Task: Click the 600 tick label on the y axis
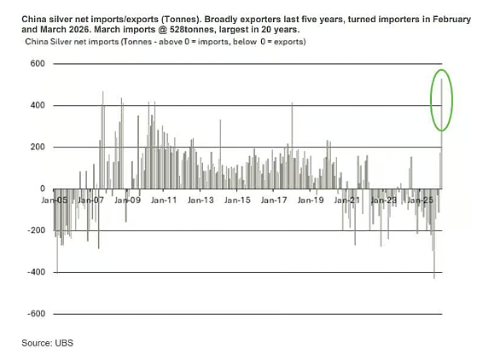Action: (x=38, y=63)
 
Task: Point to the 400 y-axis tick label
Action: (x=38, y=105)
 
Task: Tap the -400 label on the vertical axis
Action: (x=36, y=272)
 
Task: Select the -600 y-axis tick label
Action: (x=36, y=313)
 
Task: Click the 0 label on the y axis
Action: (x=43, y=189)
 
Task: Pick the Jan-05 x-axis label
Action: (x=55, y=200)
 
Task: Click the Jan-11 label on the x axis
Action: (x=164, y=200)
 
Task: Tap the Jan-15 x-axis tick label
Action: (x=237, y=200)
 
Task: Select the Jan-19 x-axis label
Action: (x=311, y=200)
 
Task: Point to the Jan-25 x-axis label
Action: (x=420, y=200)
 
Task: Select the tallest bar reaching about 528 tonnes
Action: (x=442, y=133)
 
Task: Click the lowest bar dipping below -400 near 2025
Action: (x=434, y=234)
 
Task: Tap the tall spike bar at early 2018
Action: (x=292, y=145)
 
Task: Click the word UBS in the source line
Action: (x=64, y=343)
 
